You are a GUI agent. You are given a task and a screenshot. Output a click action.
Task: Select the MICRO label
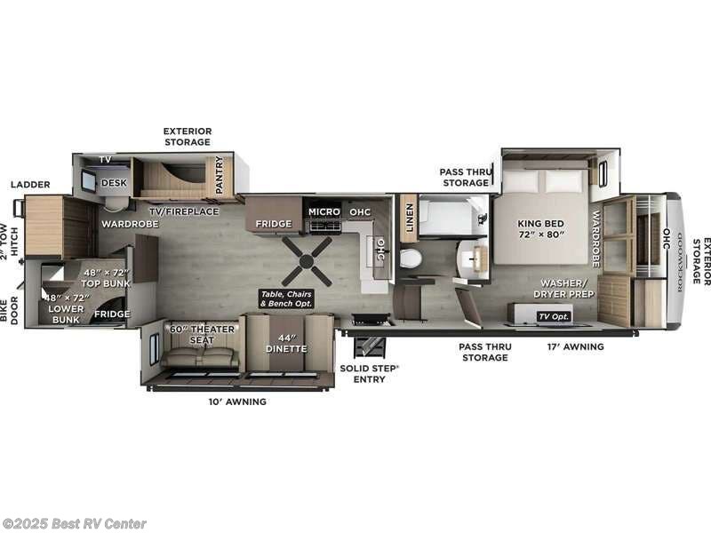tap(324, 211)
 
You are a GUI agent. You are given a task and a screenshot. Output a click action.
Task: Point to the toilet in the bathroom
tap(410, 259)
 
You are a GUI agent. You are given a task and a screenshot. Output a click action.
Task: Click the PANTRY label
tap(218, 176)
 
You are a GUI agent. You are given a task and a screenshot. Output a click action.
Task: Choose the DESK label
tap(114, 183)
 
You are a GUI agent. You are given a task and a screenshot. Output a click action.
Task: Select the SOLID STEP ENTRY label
tap(370, 373)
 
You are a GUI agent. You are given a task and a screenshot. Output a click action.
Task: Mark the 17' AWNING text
tap(577, 346)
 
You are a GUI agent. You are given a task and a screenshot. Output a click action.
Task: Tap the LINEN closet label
tap(409, 218)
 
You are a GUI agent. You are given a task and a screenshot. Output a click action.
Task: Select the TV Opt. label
tap(553, 316)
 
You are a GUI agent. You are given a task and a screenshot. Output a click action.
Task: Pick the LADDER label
tap(30, 185)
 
